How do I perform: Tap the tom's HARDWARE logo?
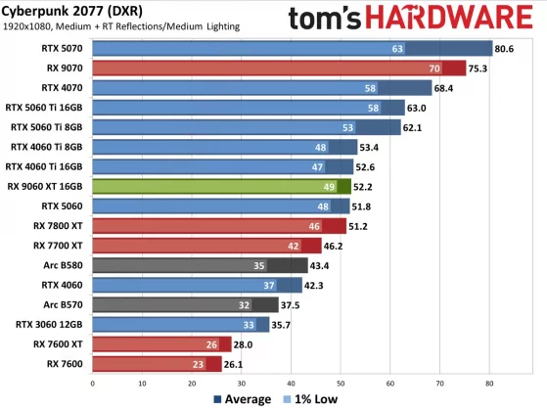tap(412, 18)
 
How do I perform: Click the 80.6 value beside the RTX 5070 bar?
tap(505, 48)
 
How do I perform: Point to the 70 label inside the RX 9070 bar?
tap(433, 68)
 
